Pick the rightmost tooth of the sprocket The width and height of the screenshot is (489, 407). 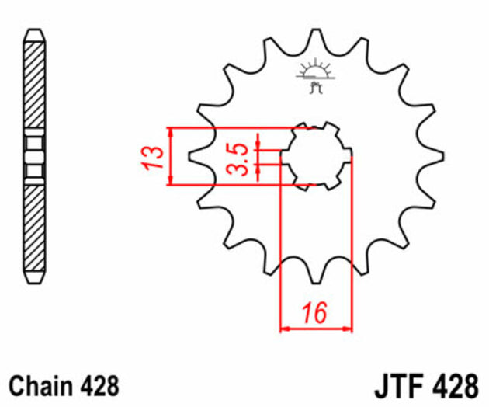tap(439, 156)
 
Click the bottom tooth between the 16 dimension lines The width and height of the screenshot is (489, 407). tap(316, 275)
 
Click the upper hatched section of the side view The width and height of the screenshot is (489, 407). tap(33, 85)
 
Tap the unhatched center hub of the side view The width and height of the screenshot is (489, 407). tap(33, 156)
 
